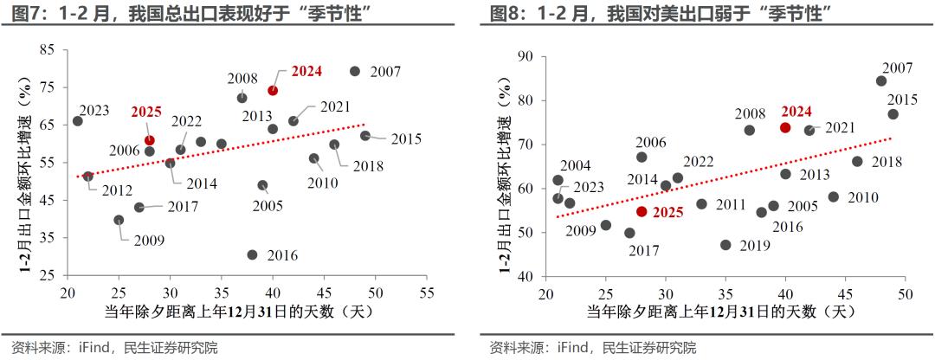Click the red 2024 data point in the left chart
tap(273, 90)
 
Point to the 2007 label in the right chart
tap(898, 68)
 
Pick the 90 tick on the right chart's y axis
tap(524, 56)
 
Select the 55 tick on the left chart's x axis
tap(427, 292)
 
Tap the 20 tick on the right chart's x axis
tap(545, 292)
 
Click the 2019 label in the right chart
tap(755, 246)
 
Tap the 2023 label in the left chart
tap(93, 111)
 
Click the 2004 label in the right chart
tap(575, 165)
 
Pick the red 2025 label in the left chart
tap(146, 112)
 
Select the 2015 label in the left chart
tap(405, 139)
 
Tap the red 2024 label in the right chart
tap(796, 111)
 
